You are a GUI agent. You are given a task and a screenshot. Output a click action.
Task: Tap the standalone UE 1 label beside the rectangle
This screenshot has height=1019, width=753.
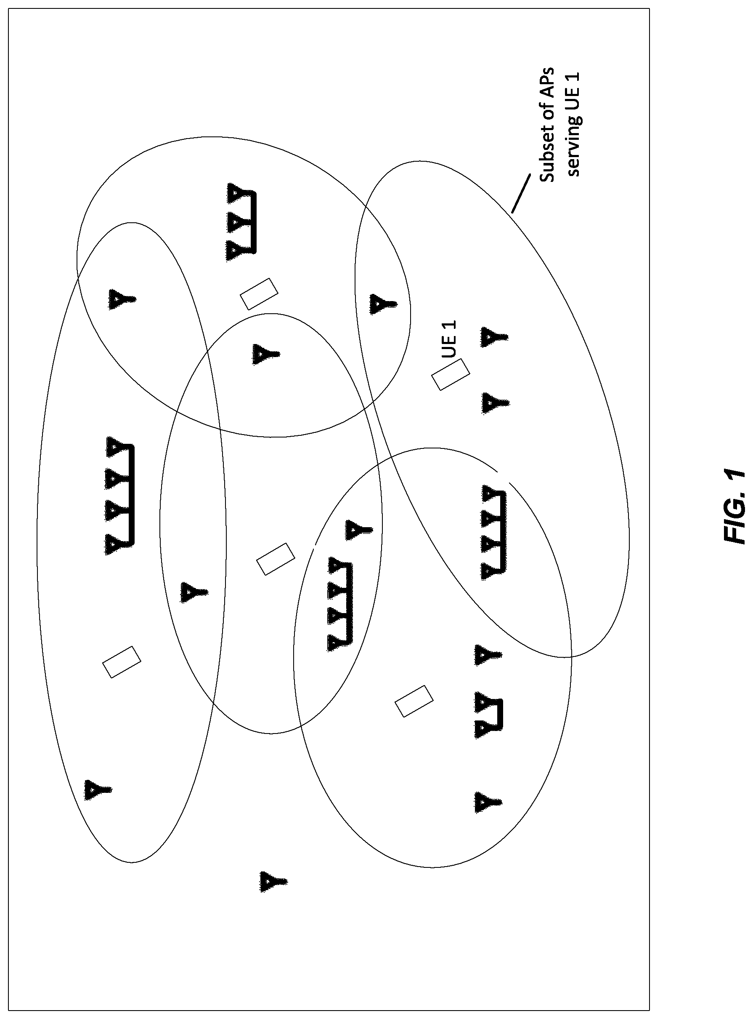[x=449, y=339]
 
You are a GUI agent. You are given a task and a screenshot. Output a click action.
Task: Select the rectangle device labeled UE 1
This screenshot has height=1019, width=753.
[x=451, y=374]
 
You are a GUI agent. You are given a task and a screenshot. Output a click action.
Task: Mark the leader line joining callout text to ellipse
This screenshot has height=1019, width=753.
[x=521, y=193]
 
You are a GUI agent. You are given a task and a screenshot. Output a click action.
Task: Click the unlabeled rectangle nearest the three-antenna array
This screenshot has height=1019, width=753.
[x=259, y=294]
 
